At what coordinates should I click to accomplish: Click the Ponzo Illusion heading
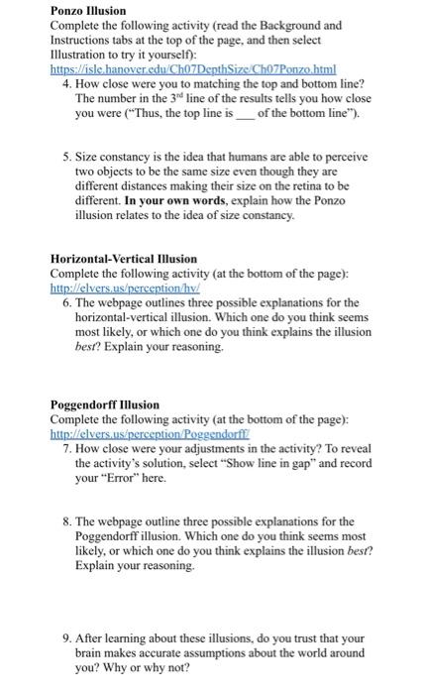88,10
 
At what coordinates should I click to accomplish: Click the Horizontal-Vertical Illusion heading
123,259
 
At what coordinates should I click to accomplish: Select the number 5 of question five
65,157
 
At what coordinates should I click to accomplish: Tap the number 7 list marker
65,446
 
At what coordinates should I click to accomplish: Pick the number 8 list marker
65,520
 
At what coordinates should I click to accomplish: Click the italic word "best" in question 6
86,347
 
